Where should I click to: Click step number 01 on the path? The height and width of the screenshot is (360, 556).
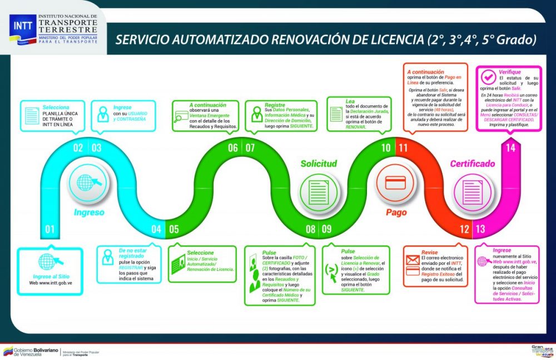(49, 229)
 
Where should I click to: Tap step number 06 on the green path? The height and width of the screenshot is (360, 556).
(233, 148)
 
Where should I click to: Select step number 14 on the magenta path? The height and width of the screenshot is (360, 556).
(510, 148)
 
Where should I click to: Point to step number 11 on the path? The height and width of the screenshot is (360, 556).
(403, 148)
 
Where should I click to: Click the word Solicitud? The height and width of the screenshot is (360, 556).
(319, 164)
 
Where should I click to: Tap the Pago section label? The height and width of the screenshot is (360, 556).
(396, 212)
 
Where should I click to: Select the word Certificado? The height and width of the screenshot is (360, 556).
(472, 164)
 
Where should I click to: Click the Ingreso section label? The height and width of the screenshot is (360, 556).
(89, 212)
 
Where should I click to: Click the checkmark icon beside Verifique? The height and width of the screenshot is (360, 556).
(489, 77)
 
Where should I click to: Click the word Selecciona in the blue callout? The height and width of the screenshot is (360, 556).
(56, 106)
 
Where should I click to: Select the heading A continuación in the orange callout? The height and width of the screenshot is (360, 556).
(425, 72)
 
